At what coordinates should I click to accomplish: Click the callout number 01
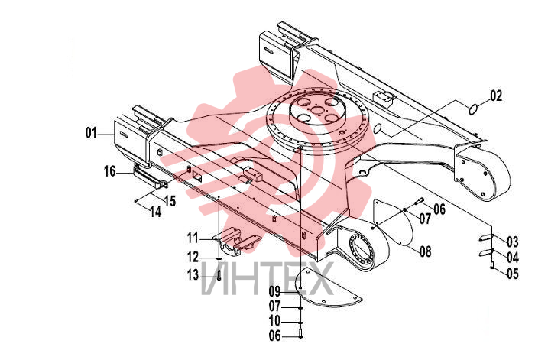(x=91, y=133)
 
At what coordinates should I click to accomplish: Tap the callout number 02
(x=497, y=96)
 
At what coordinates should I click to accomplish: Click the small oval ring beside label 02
(x=473, y=110)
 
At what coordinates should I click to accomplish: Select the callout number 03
(x=513, y=242)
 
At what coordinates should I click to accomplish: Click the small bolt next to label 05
(x=492, y=264)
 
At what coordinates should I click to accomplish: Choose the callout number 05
(x=513, y=274)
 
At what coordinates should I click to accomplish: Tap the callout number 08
(x=426, y=251)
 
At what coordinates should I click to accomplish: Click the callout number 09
(x=274, y=291)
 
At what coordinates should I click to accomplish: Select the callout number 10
(x=274, y=321)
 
